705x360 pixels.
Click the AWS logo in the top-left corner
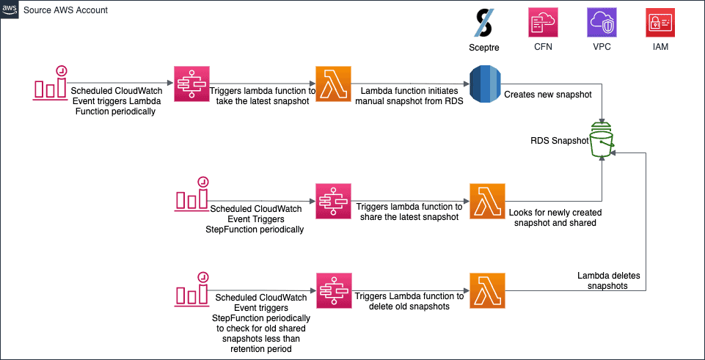click(10, 10)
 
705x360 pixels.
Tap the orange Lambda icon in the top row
click(333, 84)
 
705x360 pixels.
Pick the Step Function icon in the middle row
click(335, 200)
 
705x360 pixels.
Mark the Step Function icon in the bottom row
click(335, 290)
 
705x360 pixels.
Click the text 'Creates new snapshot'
click(548, 95)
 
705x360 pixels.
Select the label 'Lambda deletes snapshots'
click(608, 280)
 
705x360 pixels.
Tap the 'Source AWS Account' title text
click(65, 10)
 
